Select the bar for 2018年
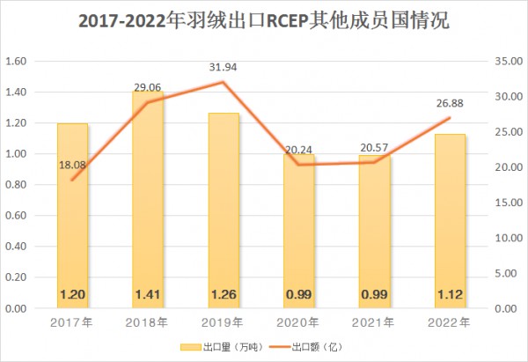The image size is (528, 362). [x=148, y=203]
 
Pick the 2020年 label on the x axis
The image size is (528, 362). [x=298, y=322]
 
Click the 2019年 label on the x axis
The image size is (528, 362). [x=223, y=322]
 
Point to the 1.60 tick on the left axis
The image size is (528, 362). [x=18, y=61]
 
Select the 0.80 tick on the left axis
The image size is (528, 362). [x=18, y=185]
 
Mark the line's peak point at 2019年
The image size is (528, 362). [x=223, y=82]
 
